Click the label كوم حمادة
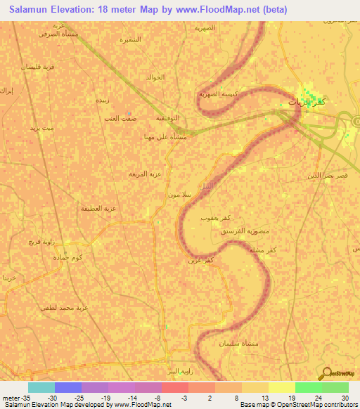[68, 258]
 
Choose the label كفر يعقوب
[214, 219]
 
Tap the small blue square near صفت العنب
[129, 112]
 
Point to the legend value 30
[345, 398]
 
